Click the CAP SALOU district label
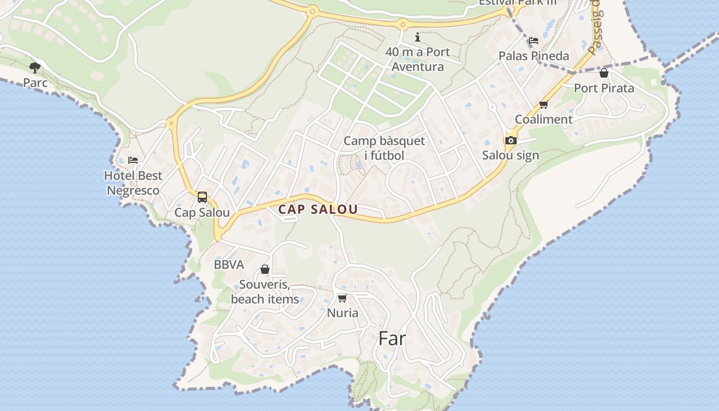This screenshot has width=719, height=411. [x=318, y=210]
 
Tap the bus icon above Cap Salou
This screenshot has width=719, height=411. [x=202, y=197]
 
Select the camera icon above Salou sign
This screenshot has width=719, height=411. [x=510, y=140]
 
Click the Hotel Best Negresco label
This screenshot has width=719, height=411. [x=133, y=183]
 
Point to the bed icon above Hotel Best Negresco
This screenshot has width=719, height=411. [x=133, y=160]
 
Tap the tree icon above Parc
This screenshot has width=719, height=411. [x=35, y=67]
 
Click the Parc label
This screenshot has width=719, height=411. [x=35, y=83]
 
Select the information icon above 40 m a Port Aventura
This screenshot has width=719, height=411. [x=418, y=37]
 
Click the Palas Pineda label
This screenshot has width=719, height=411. [x=534, y=56]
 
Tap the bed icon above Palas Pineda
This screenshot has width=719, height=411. [x=534, y=41]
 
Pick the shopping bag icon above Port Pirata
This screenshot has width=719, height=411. [x=604, y=73]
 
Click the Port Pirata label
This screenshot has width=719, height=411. [x=604, y=88]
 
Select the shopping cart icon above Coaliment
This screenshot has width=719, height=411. [x=543, y=105]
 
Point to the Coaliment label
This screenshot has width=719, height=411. [x=543, y=119]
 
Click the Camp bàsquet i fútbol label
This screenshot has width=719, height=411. [x=384, y=148]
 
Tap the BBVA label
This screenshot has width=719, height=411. [x=229, y=265]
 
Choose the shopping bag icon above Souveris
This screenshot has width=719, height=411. [x=265, y=269]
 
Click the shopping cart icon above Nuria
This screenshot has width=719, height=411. [x=343, y=298]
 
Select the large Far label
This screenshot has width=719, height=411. [x=392, y=339]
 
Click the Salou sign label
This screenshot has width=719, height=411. [x=510, y=155]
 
